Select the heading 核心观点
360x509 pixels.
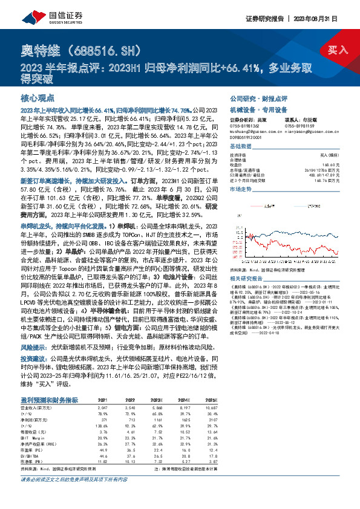[x=38, y=98]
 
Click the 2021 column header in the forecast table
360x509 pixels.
[x=103, y=383]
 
